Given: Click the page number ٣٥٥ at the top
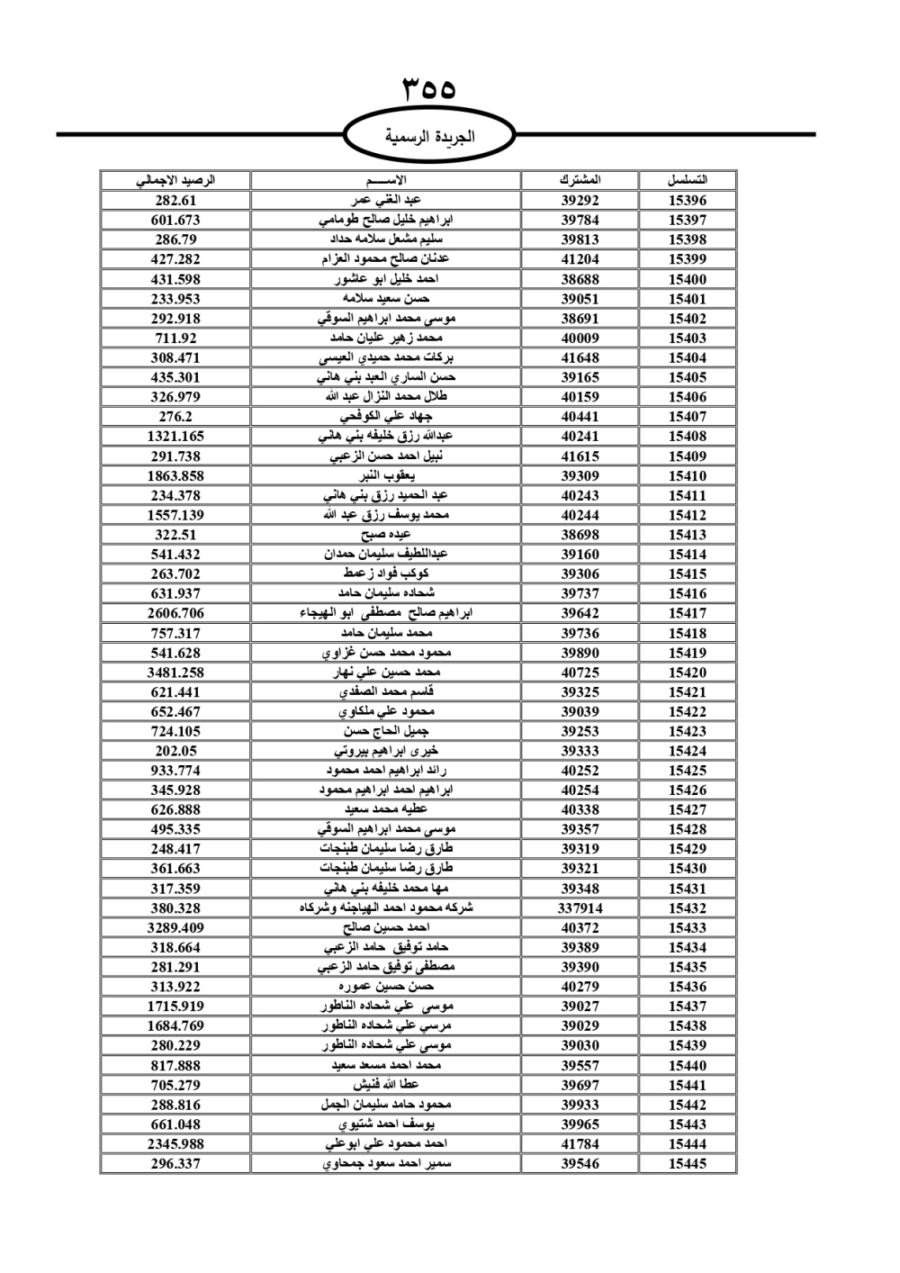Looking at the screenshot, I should pos(429,89).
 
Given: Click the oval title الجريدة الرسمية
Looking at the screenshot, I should pos(429,137).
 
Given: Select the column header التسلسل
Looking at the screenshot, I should pos(687,180).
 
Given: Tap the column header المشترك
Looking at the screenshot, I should pos(580,180).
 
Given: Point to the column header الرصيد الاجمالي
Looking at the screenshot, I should pos(175,180).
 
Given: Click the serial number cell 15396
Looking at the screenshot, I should pos(687,200).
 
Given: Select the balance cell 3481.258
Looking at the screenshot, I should pos(175,673).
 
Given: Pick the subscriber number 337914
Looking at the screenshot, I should pos(580,908).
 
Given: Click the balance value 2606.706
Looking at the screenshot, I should pos(175,613).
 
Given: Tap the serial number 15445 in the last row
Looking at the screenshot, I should pos(687,1163).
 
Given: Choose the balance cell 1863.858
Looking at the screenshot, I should pos(175,475).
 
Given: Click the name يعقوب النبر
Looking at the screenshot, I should pos(386,475).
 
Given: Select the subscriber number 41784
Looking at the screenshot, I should pos(580,1144).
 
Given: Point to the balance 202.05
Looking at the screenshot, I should pos(175,751).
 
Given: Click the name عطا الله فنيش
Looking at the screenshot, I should pos(386,1085).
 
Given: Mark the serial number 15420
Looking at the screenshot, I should pos(687,673).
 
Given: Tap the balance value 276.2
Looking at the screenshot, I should pos(175,417).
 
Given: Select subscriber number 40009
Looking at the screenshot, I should pos(580,339).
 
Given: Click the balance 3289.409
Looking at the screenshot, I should pos(175,927).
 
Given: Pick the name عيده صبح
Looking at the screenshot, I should pos(386,535).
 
